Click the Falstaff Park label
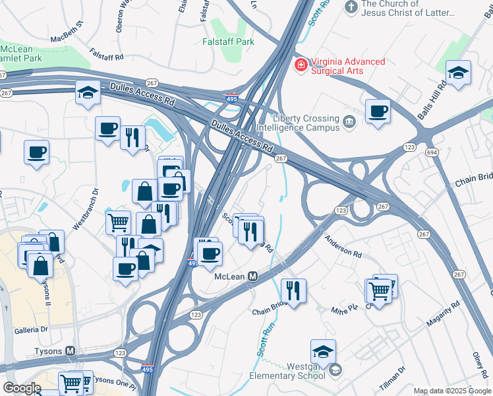(228, 41)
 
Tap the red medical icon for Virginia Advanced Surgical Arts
(301, 65)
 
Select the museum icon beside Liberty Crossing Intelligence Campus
(349, 121)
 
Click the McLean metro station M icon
(252, 277)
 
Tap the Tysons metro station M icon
(71, 350)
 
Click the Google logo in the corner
(22, 387)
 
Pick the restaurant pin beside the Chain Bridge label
(293, 290)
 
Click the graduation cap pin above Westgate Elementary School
(323, 351)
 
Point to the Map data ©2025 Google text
(453, 391)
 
